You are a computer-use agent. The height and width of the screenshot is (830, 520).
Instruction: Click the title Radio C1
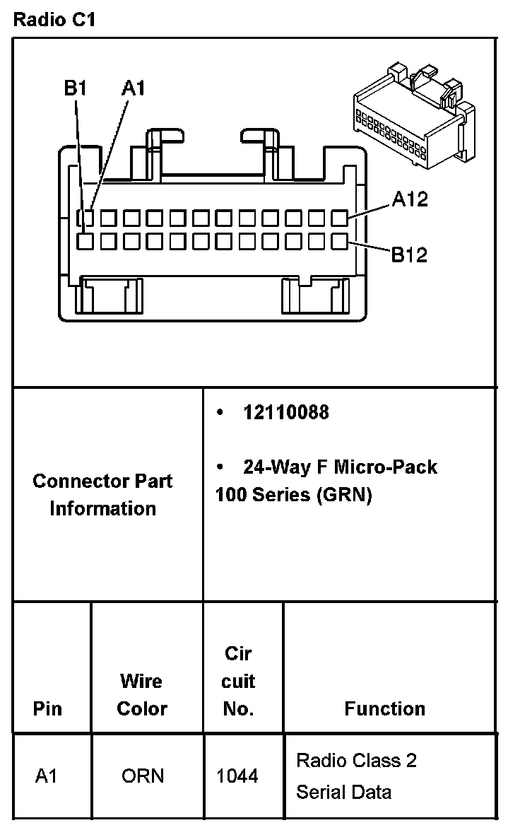54,20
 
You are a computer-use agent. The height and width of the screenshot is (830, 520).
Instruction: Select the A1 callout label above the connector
133,88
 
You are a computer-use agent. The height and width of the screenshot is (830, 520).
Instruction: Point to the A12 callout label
410,199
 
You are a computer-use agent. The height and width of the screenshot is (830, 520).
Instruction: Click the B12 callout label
410,255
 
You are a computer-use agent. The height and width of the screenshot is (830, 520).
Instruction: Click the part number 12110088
286,412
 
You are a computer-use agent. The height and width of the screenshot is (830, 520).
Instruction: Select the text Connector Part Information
103,495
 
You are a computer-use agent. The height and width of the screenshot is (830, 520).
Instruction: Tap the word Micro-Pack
385,467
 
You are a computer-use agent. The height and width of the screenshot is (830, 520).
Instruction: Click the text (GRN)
344,494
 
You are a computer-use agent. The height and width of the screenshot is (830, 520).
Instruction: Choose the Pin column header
47,708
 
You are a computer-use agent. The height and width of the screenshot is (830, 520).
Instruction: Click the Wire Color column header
142,695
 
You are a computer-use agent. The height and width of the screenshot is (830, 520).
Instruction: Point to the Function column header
385,708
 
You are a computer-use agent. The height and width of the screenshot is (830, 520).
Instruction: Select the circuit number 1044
237,776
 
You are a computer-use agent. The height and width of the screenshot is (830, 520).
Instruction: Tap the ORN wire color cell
143,776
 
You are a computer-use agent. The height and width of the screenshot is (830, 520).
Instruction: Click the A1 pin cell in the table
47,776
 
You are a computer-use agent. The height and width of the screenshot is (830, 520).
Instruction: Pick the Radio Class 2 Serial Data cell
356,776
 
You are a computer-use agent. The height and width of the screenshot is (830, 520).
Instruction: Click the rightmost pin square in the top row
340,217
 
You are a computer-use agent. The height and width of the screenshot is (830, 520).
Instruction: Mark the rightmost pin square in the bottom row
340,241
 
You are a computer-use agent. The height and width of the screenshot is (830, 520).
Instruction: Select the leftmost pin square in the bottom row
85,241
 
